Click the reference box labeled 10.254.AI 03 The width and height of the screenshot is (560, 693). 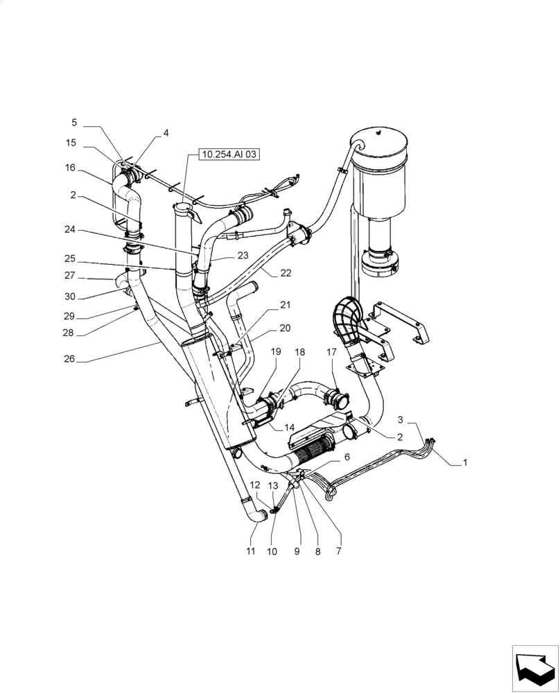(229, 155)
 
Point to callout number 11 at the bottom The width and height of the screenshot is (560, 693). (251, 551)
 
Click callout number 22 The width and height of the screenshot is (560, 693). (286, 274)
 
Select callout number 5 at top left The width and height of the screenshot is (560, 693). (74, 123)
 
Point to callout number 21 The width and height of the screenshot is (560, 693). (286, 305)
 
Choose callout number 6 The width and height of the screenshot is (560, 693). (347, 457)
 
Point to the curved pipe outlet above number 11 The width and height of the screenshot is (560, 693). (258, 516)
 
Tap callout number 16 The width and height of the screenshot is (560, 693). (71, 168)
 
